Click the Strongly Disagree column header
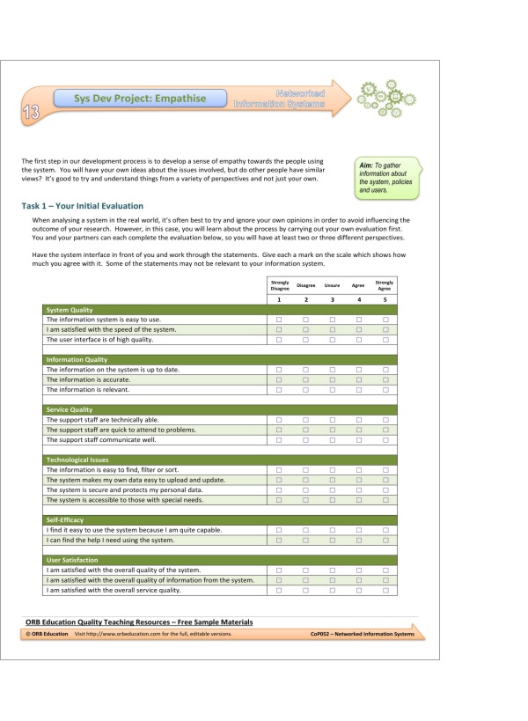click(279, 284)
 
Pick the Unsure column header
click(332, 285)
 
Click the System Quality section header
click(68, 310)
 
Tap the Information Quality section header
click(77, 360)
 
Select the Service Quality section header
click(69, 409)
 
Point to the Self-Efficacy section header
click(67, 520)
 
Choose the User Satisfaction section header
click(72, 560)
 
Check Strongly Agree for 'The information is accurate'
click(385, 379)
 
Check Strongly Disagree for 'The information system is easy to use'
click(279, 320)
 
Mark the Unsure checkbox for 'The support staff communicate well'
click(332, 439)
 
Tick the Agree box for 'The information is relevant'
click(358, 389)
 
